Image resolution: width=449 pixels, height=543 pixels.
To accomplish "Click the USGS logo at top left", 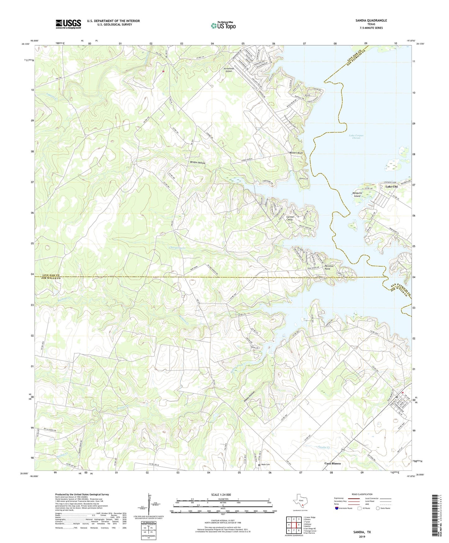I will tap(68, 24).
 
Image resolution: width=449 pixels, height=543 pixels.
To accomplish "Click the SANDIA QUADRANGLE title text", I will tap(371, 21).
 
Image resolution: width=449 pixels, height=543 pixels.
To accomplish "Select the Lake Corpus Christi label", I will tap(356, 137).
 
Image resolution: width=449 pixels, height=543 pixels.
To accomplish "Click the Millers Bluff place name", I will tap(296, 153).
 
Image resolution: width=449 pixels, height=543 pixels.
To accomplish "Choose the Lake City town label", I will tap(392, 187).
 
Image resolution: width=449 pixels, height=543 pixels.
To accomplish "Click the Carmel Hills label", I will tap(290, 218).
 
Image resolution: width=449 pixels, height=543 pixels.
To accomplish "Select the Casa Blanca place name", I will tap(332, 463).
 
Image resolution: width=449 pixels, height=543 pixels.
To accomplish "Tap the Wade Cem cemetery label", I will tap(265, 465).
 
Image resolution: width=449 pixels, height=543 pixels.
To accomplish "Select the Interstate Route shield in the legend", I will tap(337, 508).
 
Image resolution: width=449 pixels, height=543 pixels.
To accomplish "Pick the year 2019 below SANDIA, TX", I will tap(362, 536).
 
